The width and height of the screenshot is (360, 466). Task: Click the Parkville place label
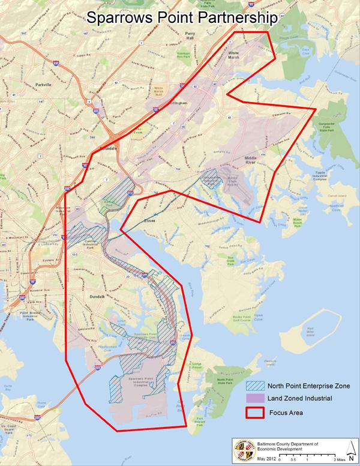tap(45, 85)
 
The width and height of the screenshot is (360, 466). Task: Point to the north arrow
tap(350, 449)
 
